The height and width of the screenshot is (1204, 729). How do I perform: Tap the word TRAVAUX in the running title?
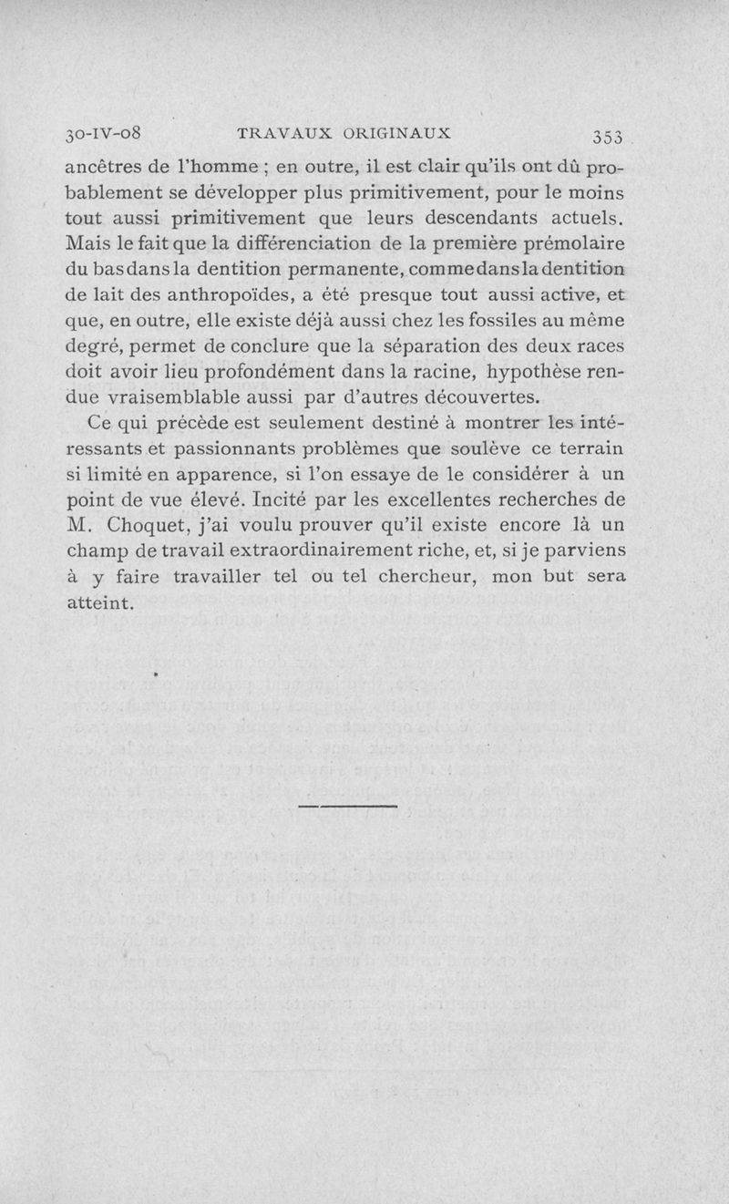pyautogui.click(x=276, y=132)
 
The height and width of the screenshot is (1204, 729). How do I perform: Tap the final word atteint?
pyautogui.click(x=101, y=602)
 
